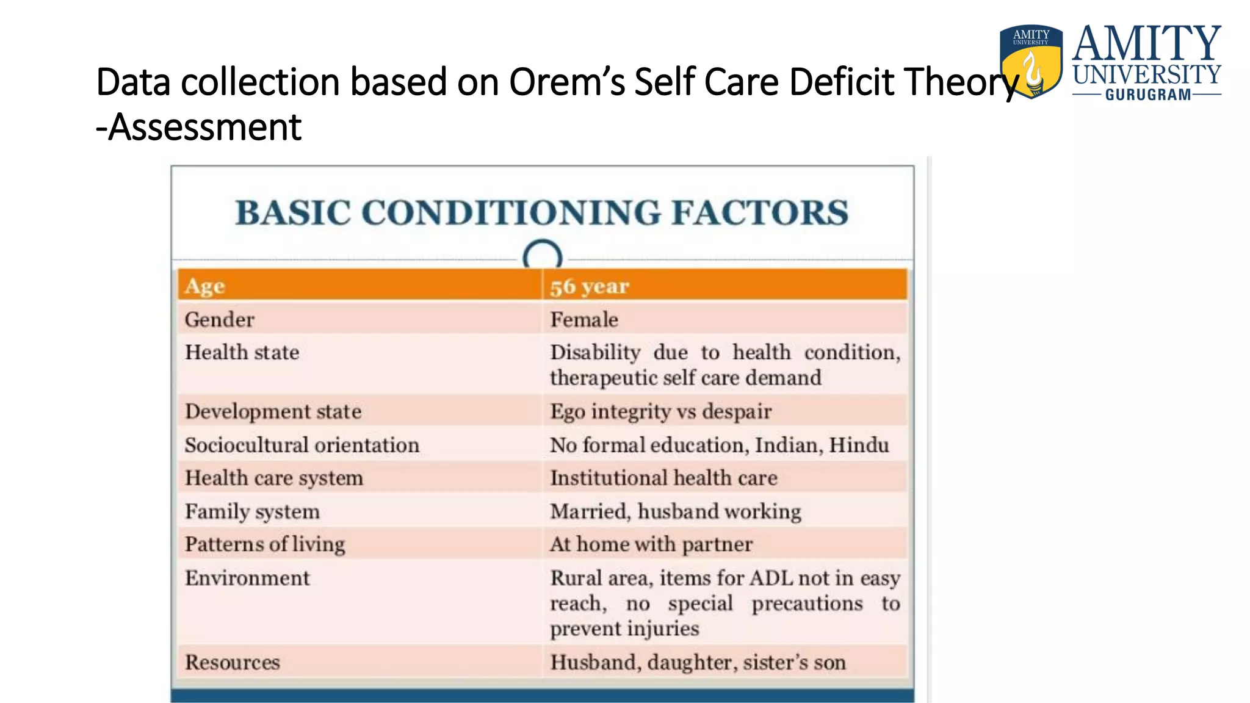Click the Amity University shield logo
tap(1031, 61)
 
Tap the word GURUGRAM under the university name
tap(1147, 95)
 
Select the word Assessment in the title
tap(205, 127)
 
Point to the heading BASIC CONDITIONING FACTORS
tap(542, 212)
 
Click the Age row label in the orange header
tap(205, 286)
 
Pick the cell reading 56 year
tap(589, 286)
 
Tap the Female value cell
tap(584, 320)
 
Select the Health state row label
tap(242, 353)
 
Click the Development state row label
tap(273, 411)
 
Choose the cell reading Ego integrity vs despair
tap(660, 411)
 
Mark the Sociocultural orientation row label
tap(302, 445)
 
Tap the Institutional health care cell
tap(663, 478)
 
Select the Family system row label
tap(252, 511)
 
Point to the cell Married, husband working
tap(676, 511)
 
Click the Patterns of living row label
tap(265, 544)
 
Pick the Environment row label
tap(247, 578)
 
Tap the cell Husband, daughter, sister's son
tap(698, 662)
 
